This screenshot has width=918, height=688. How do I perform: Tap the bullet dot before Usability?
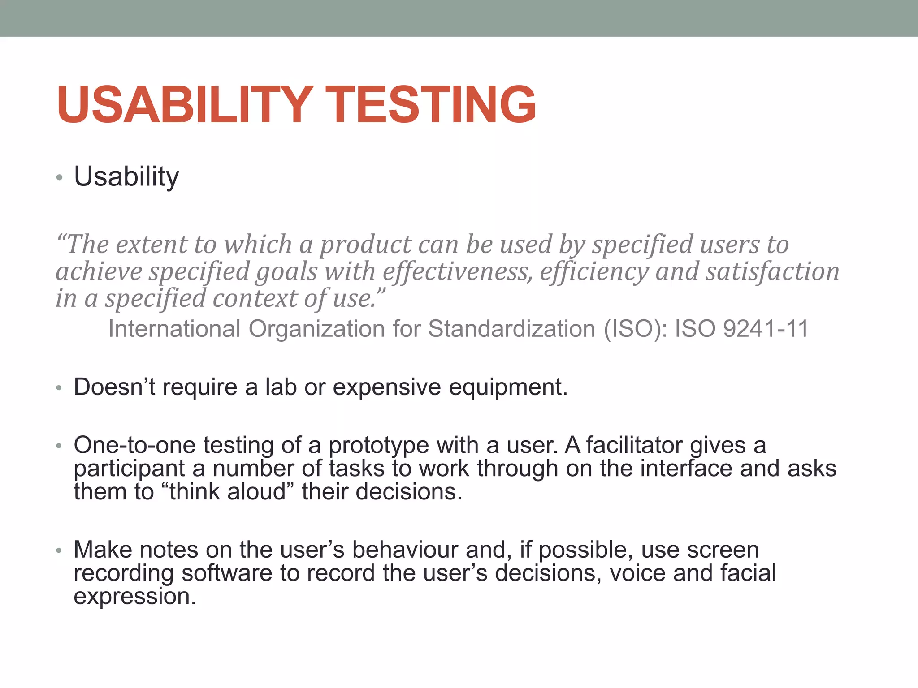point(59,178)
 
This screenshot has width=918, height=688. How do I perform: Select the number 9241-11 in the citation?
point(766,328)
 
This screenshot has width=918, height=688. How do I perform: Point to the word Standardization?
point(511,328)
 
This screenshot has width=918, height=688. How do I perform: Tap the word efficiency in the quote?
point(594,272)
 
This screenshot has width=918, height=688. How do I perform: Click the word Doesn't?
point(114,387)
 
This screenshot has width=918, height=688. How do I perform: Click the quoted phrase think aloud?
point(228,491)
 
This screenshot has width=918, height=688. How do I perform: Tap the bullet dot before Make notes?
point(59,550)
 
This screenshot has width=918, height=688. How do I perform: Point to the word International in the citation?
point(175,328)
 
